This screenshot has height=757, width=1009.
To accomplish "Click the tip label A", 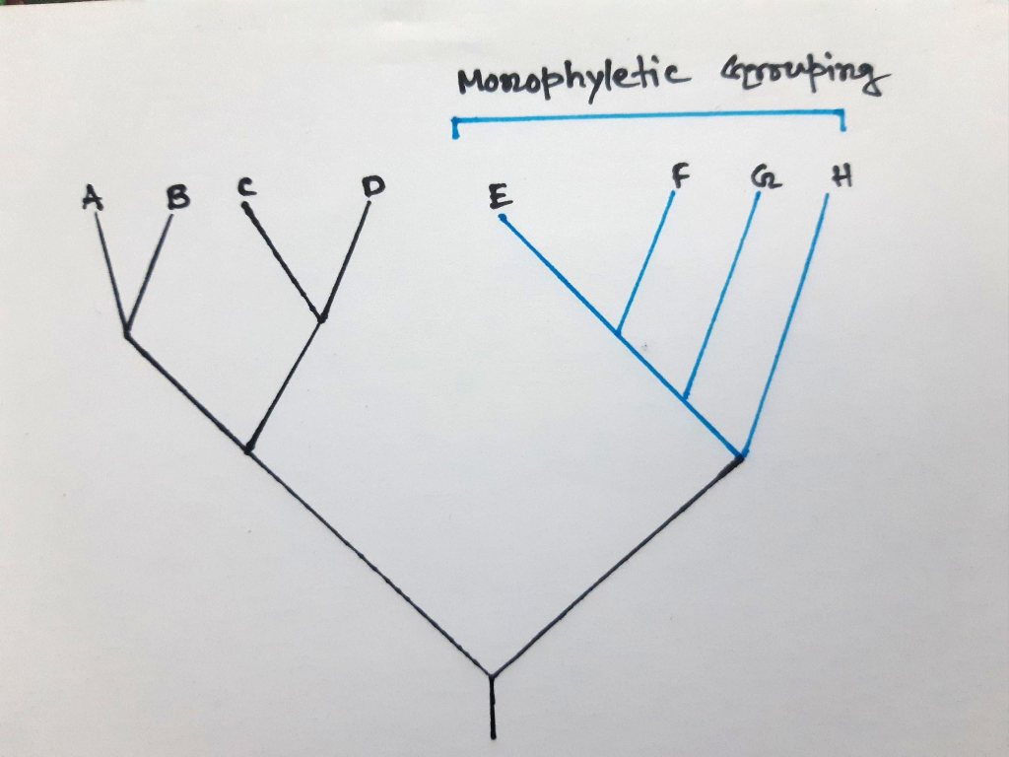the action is pos(93,199).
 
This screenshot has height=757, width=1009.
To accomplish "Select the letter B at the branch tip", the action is pos(177,198).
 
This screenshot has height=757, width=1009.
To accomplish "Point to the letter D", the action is pos(371,185).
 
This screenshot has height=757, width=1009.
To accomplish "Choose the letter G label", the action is pos(760,177).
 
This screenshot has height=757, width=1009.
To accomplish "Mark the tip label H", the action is pos(841,177).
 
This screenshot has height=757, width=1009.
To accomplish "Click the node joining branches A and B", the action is pos(127,334).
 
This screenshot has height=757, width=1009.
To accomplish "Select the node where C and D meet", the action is pos(321,317).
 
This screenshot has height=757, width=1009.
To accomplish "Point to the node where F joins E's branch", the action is pos(618,333).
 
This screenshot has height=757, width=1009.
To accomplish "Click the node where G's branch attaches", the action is pos(685,396).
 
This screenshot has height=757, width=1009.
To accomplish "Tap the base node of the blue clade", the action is pos(741,455).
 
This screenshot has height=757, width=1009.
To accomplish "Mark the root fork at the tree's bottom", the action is pos(492,676).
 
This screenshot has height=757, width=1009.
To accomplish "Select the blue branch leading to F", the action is pos(647,259).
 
